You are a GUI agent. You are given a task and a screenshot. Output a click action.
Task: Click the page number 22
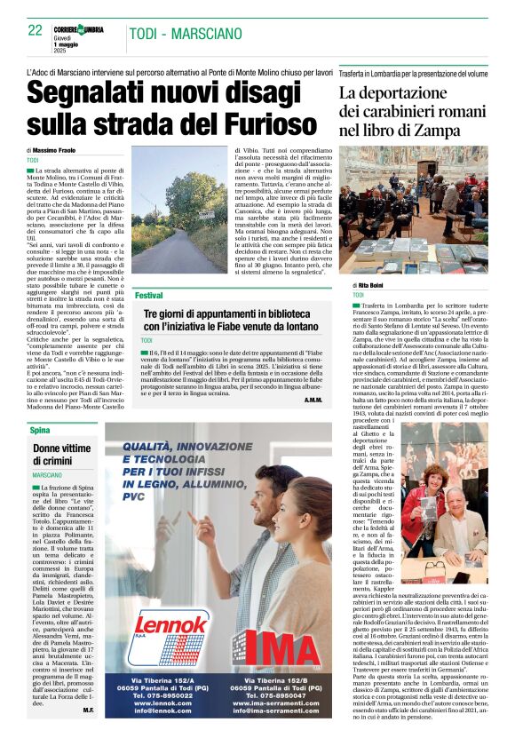coord(36,30)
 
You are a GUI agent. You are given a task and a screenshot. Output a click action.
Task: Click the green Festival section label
coord(149,294)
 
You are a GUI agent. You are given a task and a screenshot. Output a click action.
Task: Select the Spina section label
coord(39,430)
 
